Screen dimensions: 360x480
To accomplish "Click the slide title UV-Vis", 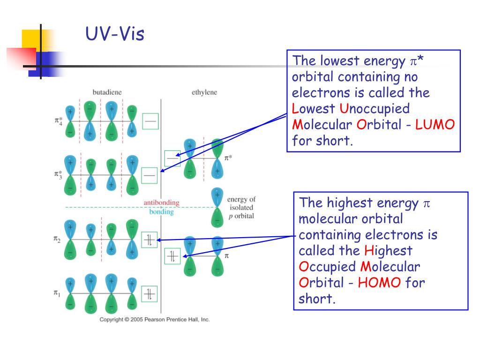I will click(115, 34).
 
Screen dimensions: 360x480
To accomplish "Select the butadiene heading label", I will click(107, 92).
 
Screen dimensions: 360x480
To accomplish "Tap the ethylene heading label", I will click(204, 92).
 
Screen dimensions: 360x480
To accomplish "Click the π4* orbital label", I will click(57, 121).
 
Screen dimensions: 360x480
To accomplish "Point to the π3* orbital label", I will click(57, 175).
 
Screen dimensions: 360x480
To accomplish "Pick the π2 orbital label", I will click(57, 240).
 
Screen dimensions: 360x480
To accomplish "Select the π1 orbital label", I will click(57, 293).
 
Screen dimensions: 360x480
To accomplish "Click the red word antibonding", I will click(161, 202).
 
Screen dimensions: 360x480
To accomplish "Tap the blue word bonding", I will click(161, 212).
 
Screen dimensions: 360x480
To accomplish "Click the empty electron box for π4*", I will click(150, 121).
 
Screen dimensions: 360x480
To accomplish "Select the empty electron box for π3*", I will click(150, 175).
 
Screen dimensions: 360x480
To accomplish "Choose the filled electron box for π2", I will click(150, 240).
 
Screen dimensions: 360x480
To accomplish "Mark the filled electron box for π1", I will click(150, 294).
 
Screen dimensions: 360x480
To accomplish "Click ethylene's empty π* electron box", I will click(172, 158).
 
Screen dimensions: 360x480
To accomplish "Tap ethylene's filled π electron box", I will click(172, 256).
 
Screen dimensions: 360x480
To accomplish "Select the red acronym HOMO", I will click(380, 283).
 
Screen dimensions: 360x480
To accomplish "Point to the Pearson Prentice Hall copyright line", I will click(154, 320).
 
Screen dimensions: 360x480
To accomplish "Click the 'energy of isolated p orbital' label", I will click(241, 208).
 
